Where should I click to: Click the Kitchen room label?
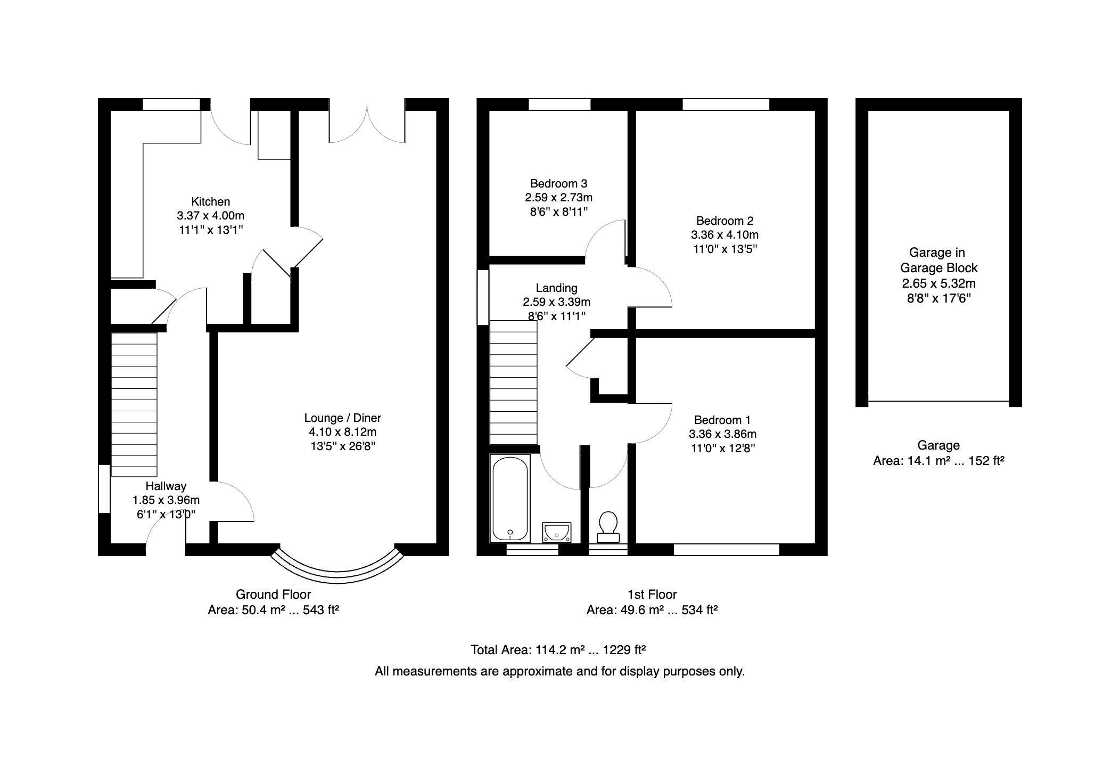pos(211,202)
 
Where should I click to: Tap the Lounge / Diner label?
pos(343,418)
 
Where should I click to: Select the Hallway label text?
pos(166,486)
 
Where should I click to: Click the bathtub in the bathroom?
pos(510,498)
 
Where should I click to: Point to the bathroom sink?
pos(557,532)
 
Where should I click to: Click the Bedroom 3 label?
pos(559,184)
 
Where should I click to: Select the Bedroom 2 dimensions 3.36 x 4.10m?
pos(725,235)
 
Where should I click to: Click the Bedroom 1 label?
pos(722,420)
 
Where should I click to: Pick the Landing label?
pos(557,288)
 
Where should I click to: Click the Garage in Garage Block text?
pos(938,260)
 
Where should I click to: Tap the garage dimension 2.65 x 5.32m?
pos(938,283)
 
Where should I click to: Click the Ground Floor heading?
pos(274,594)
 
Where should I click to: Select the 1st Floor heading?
pos(652,594)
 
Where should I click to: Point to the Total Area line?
pos(558,650)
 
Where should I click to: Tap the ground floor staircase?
pos(134,404)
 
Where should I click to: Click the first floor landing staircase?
pos(513,382)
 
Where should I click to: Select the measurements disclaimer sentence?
pos(559,671)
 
